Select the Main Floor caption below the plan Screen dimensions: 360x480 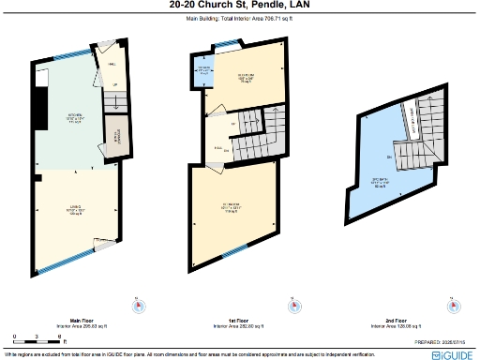click(x=76, y=320)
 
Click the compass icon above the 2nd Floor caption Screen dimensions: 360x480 click(x=453, y=303)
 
